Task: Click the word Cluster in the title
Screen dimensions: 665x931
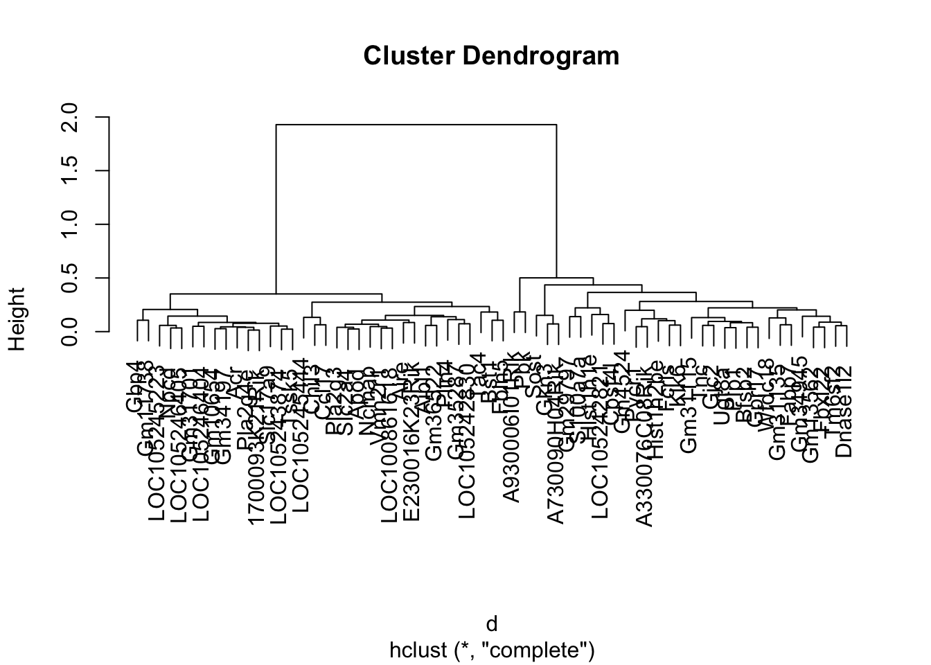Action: tap(407, 55)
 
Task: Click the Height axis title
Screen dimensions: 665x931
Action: tap(17, 319)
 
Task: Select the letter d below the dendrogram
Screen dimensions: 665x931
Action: tap(491, 624)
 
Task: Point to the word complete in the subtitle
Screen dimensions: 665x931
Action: tap(545, 650)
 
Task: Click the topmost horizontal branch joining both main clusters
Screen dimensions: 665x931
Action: tap(416, 125)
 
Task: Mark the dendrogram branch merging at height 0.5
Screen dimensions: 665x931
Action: tap(556, 278)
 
